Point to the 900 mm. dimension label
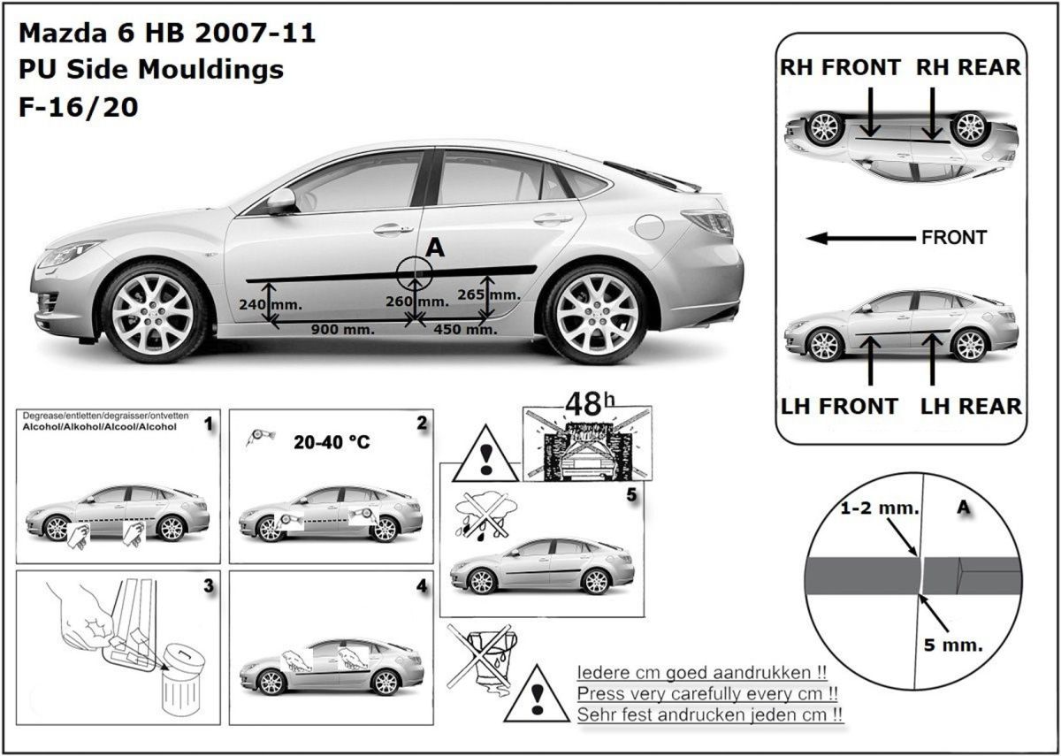click(x=342, y=330)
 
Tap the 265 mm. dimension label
click(x=488, y=294)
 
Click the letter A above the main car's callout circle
click(x=435, y=248)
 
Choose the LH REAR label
click(x=971, y=406)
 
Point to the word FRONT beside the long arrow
click(x=953, y=238)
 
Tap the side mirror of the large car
click(x=281, y=201)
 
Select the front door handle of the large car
click(x=392, y=229)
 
